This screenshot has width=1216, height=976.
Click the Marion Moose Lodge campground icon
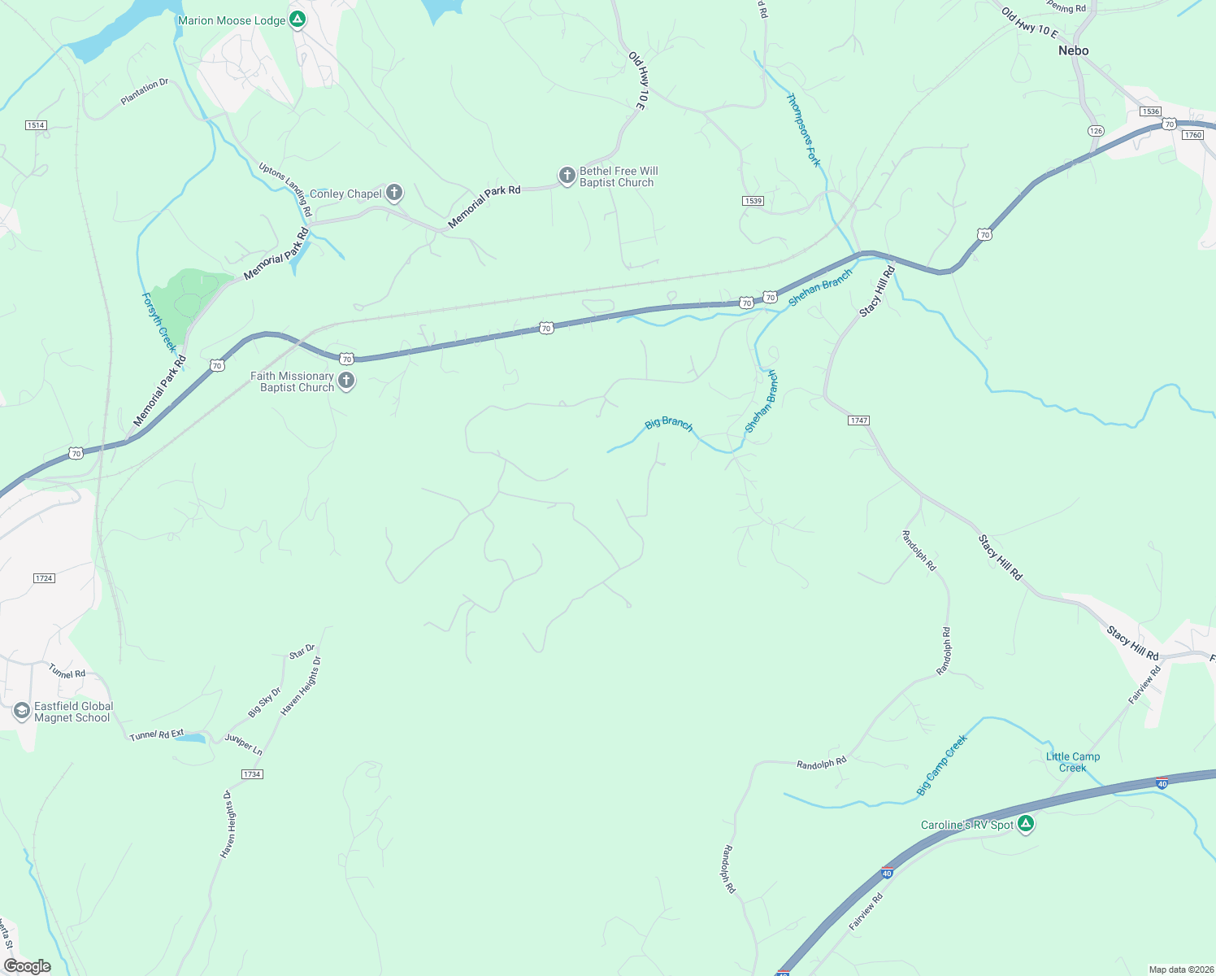pyautogui.click(x=298, y=20)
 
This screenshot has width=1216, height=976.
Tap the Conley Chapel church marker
pyautogui.click(x=394, y=194)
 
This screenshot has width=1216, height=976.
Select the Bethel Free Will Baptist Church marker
pyautogui.click(x=567, y=176)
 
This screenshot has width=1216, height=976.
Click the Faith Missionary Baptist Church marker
pyautogui.click(x=346, y=381)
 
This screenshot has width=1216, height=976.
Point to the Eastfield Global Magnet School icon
pyautogui.click(x=22, y=712)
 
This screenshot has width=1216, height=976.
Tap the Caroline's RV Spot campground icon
pyautogui.click(x=1026, y=825)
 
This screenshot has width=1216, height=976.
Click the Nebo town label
pyautogui.click(x=1073, y=50)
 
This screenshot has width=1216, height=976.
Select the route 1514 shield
pyautogui.click(x=36, y=125)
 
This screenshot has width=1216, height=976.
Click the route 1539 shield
pyautogui.click(x=753, y=200)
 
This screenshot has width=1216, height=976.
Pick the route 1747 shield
pyautogui.click(x=858, y=420)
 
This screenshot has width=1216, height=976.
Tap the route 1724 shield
pyautogui.click(x=44, y=578)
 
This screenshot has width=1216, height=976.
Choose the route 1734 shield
pyautogui.click(x=252, y=773)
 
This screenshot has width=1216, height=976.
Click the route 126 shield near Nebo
pyautogui.click(x=1096, y=131)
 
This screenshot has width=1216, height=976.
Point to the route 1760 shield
pyautogui.click(x=1192, y=134)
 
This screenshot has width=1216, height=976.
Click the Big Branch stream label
pyautogui.click(x=669, y=424)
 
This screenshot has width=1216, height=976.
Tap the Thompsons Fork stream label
pyautogui.click(x=803, y=130)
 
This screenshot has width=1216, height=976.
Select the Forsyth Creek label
pyautogui.click(x=159, y=322)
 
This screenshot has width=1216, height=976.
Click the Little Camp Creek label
pyautogui.click(x=1073, y=762)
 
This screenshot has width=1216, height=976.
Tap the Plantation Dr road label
pyautogui.click(x=145, y=92)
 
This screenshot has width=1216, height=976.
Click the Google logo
pyautogui.click(x=27, y=966)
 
